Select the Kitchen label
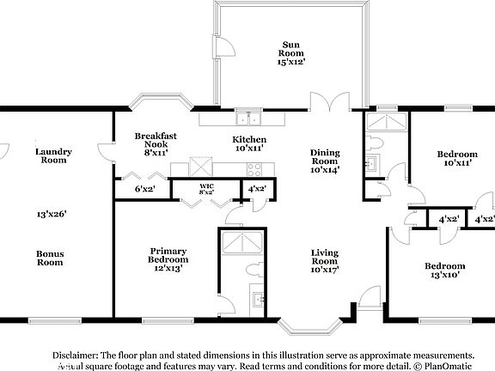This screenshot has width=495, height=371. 249,139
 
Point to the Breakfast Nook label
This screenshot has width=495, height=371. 156,140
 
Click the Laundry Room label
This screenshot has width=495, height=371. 52,155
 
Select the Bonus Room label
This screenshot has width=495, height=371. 50,258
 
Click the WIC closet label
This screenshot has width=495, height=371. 206,185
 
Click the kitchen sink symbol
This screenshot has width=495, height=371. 250,119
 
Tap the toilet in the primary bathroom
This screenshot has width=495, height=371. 254,270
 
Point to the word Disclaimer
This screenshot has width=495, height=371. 75,354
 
